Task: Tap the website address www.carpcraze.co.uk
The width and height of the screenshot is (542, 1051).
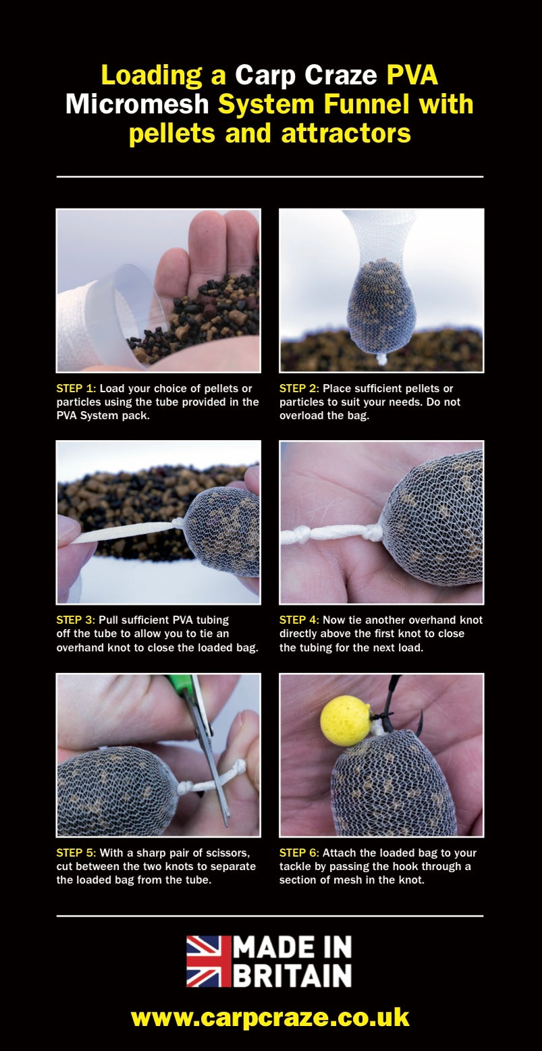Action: [270, 1018]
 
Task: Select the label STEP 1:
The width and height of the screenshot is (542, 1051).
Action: [76, 389]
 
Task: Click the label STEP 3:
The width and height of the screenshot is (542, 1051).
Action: [76, 620]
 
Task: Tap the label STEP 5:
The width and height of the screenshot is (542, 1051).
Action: [76, 853]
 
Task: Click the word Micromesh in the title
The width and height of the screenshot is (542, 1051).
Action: [137, 104]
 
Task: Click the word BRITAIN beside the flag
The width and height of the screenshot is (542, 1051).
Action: [292, 976]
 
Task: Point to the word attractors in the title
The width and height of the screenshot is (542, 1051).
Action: [346, 133]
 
